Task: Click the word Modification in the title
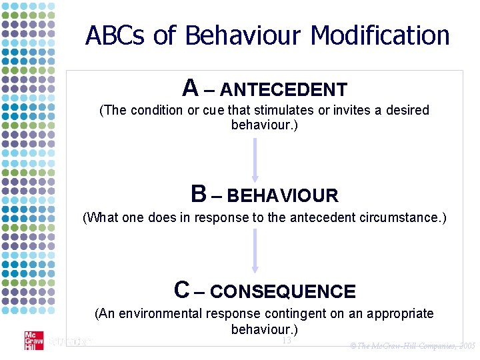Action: coord(380,35)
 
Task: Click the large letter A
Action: coord(190,87)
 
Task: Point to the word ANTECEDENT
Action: coord(283,89)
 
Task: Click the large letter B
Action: coord(198,194)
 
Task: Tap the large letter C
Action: coord(182,289)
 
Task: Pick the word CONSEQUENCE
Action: coord(283,292)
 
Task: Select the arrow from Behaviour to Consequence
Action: coord(255,252)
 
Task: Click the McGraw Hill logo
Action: coord(33,340)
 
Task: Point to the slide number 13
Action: coord(286,341)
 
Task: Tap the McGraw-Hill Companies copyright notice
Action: coord(412,346)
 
